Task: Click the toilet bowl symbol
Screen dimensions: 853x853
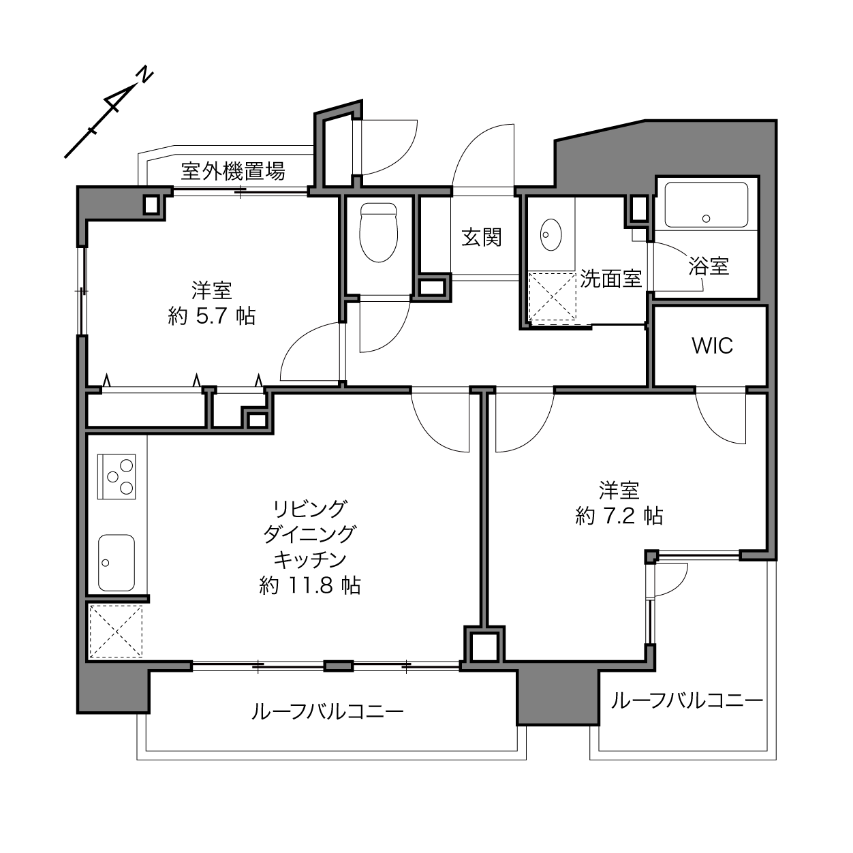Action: pos(378,232)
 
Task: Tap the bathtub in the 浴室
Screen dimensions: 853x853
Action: pos(707,204)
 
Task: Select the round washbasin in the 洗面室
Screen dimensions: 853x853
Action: pos(550,234)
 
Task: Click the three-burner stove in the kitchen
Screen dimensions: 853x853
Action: pos(117,476)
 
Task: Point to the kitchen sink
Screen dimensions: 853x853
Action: pos(117,563)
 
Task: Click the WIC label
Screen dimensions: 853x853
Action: pos(712,346)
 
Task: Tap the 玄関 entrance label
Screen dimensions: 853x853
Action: pos(481,237)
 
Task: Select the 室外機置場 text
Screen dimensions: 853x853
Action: pos(233,171)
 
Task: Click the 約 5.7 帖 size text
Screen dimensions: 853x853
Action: pos(212,317)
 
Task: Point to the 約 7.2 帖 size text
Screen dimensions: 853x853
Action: pos(619,516)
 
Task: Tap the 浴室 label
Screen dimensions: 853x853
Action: pos(709,266)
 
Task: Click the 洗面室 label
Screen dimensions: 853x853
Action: pos(611,279)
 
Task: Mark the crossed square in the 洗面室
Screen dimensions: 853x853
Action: pos(553,296)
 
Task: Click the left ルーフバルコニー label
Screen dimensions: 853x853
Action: pos(328,712)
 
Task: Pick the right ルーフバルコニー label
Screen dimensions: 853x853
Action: pos(687,700)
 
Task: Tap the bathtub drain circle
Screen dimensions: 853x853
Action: pos(706,218)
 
